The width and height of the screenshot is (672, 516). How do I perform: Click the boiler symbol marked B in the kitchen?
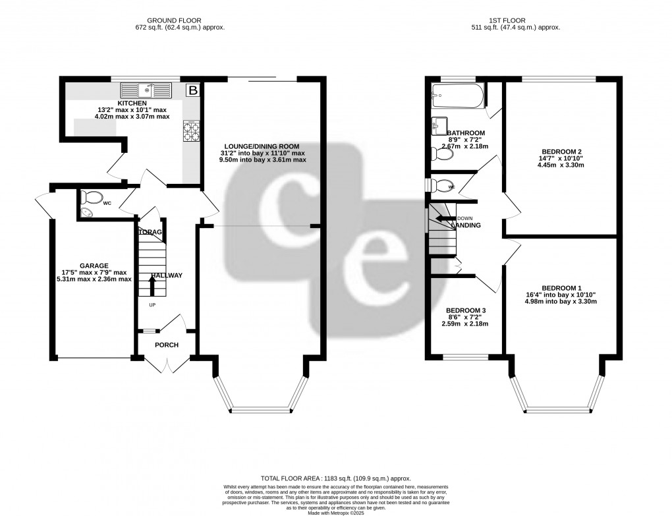coord(193,90)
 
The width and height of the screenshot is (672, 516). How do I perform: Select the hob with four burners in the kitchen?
coord(190,132)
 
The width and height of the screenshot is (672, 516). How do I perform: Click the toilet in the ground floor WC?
coord(92,196)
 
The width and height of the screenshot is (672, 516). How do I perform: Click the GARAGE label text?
coord(95,266)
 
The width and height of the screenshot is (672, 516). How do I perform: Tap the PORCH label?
coord(167,345)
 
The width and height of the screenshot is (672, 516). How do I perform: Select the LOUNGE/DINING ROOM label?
coord(261,146)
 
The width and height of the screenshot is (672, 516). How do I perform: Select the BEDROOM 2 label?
coord(561,152)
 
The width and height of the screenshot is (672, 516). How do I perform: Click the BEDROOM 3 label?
coord(466,310)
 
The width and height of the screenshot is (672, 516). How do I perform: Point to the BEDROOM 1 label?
coord(561,288)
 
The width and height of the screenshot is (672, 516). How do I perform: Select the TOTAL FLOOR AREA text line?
coord(336,478)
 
